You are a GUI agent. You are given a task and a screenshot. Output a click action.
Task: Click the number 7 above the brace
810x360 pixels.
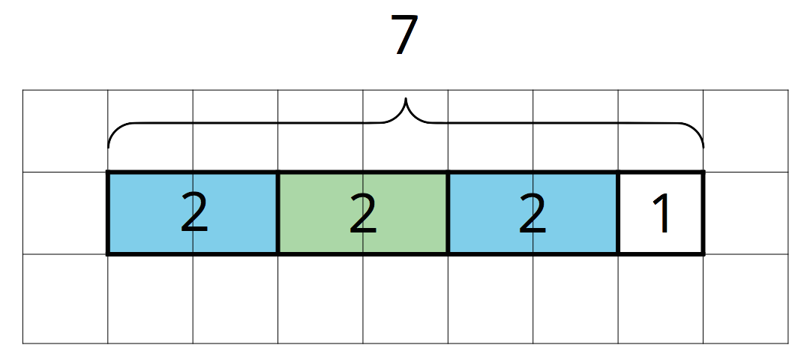point(406,36)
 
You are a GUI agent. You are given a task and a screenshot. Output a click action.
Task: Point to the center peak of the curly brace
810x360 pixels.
point(406,99)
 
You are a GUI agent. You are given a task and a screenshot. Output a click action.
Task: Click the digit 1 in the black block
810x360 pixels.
point(661,214)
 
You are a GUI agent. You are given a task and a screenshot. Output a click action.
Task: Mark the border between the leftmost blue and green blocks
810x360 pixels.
point(278,214)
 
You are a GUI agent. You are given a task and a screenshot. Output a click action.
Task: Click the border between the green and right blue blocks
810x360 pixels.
point(448,214)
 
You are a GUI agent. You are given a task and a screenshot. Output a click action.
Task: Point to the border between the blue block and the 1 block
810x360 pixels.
point(618,214)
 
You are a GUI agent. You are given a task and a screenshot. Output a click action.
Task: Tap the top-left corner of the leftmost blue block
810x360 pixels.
point(109,173)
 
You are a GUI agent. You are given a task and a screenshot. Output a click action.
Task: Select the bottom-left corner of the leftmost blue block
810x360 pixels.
point(109,253)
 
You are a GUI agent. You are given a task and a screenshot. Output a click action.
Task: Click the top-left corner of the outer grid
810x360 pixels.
point(22,90)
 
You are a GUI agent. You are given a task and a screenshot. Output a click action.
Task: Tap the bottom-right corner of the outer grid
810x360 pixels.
point(788,343)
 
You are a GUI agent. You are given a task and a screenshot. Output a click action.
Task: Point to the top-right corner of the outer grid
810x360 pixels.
point(788,90)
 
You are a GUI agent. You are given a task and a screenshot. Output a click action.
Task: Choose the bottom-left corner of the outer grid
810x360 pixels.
point(22,343)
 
